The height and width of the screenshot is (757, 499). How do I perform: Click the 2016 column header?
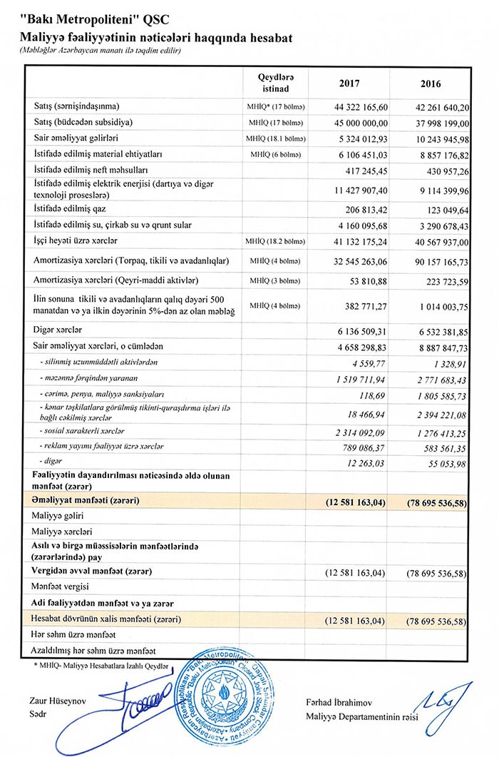click(431, 83)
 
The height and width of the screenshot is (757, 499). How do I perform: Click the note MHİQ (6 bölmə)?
click(274, 154)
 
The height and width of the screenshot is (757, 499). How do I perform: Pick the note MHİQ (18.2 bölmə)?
click(274, 242)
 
